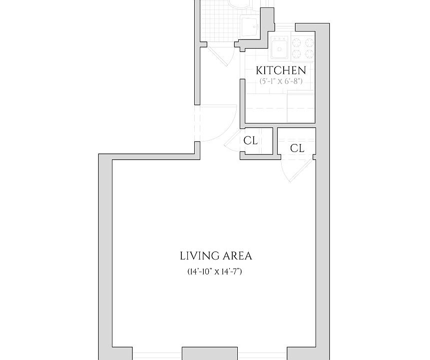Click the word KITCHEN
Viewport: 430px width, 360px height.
(x=281, y=70)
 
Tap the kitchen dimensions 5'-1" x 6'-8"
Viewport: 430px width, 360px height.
(x=281, y=81)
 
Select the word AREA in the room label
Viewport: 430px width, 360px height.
(x=237, y=256)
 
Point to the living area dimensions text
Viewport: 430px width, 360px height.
(x=214, y=271)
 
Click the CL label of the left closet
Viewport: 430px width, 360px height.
(x=251, y=140)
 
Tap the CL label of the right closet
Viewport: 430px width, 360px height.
(x=297, y=148)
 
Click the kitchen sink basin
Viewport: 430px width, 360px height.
(x=280, y=49)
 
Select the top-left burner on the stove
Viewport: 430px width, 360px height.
(x=297, y=42)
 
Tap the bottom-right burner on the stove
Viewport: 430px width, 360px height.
(x=309, y=53)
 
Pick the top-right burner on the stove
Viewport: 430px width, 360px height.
(x=309, y=42)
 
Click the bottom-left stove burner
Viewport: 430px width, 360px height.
(x=297, y=53)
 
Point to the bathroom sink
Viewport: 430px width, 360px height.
(x=249, y=25)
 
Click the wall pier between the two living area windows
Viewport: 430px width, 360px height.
(x=208, y=353)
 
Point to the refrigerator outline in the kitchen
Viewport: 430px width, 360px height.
(x=301, y=107)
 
